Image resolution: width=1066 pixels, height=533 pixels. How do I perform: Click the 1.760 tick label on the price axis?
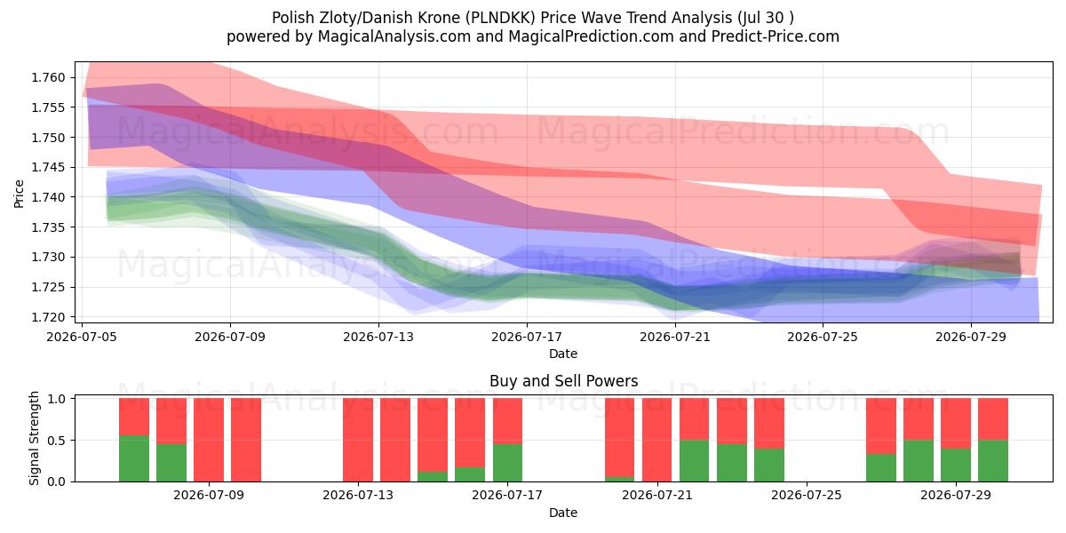pyautogui.click(x=48, y=77)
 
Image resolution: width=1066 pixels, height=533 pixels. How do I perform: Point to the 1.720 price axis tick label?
pyautogui.click(x=48, y=317)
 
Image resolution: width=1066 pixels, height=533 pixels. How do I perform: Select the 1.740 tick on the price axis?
pyautogui.click(x=48, y=197)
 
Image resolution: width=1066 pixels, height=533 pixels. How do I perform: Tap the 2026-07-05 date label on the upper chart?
pyautogui.click(x=82, y=337)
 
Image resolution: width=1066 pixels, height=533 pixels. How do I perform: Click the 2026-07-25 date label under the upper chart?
pyautogui.click(x=823, y=337)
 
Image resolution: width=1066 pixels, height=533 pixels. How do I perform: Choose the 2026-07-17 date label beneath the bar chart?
pyautogui.click(x=507, y=496)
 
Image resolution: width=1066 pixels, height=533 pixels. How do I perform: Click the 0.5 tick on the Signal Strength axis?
pyautogui.click(x=57, y=441)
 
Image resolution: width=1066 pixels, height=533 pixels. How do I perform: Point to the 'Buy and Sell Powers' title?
pyautogui.click(x=563, y=381)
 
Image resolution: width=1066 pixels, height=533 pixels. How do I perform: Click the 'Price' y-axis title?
pyautogui.click(x=19, y=194)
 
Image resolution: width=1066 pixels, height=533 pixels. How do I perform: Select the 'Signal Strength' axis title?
pyautogui.click(x=34, y=438)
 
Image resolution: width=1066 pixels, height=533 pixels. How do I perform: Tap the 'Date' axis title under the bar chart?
pyautogui.click(x=563, y=513)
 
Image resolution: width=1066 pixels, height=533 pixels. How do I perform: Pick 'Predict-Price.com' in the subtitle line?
pyautogui.click(x=776, y=36)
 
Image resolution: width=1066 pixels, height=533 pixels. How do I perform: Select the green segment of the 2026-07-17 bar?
pyautogui.click(x=507, y=463)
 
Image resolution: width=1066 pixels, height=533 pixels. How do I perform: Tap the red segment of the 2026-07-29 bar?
pyautogui.click(x=956, y=424)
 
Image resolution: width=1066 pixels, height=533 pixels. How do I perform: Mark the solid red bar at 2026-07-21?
pyautogui.click(x=656, y=440)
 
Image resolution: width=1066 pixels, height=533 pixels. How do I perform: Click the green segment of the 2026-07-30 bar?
pyautogui.click(x=993, y=461)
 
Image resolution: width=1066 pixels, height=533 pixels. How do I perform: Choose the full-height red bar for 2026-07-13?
pyautogui.click(x=358, y=440)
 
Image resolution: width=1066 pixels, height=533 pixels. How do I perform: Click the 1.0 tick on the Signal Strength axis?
pyautogui.click(x=57, y=399)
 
